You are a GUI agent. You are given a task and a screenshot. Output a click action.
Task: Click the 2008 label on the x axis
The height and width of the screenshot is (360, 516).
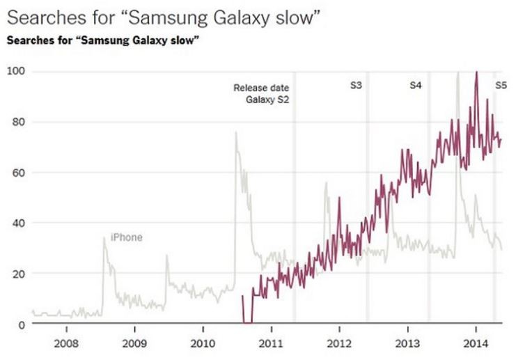pos(66,343)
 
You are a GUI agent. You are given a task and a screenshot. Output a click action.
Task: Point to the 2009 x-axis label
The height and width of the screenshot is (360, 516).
pos(134,343)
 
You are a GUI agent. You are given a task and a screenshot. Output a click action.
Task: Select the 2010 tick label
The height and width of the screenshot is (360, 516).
pos(202,343)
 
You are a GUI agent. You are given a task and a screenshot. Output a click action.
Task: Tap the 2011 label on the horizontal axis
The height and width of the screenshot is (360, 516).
pos(270,343)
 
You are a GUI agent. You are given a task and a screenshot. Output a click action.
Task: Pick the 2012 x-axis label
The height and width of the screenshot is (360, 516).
pos(339,343)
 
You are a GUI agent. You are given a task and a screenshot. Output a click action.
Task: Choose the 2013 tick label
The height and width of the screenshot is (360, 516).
pos(407,343)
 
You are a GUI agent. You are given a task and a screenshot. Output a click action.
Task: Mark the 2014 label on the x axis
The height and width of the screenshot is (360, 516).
pos(476,343)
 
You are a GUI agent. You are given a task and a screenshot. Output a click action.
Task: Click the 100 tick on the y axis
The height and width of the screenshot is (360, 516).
pos(16,71)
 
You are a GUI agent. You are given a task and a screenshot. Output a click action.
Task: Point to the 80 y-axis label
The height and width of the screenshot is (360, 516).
pos(19,122)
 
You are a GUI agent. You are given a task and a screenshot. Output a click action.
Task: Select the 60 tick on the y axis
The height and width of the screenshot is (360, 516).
pos(19,173)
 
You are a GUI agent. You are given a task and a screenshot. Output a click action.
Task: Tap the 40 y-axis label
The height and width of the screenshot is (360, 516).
pos(19,224)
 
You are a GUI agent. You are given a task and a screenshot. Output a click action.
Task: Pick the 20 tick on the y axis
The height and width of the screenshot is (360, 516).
pos(19,274)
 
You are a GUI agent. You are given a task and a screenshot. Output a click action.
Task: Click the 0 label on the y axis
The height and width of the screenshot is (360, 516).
pos(22,324)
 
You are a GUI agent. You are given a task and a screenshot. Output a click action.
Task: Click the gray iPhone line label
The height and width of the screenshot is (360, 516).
pos(126,237)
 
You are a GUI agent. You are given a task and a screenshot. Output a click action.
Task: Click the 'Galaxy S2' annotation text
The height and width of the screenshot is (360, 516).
pos(267,100)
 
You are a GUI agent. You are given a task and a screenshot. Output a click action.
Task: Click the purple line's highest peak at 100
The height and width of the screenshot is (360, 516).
pos(476,72)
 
